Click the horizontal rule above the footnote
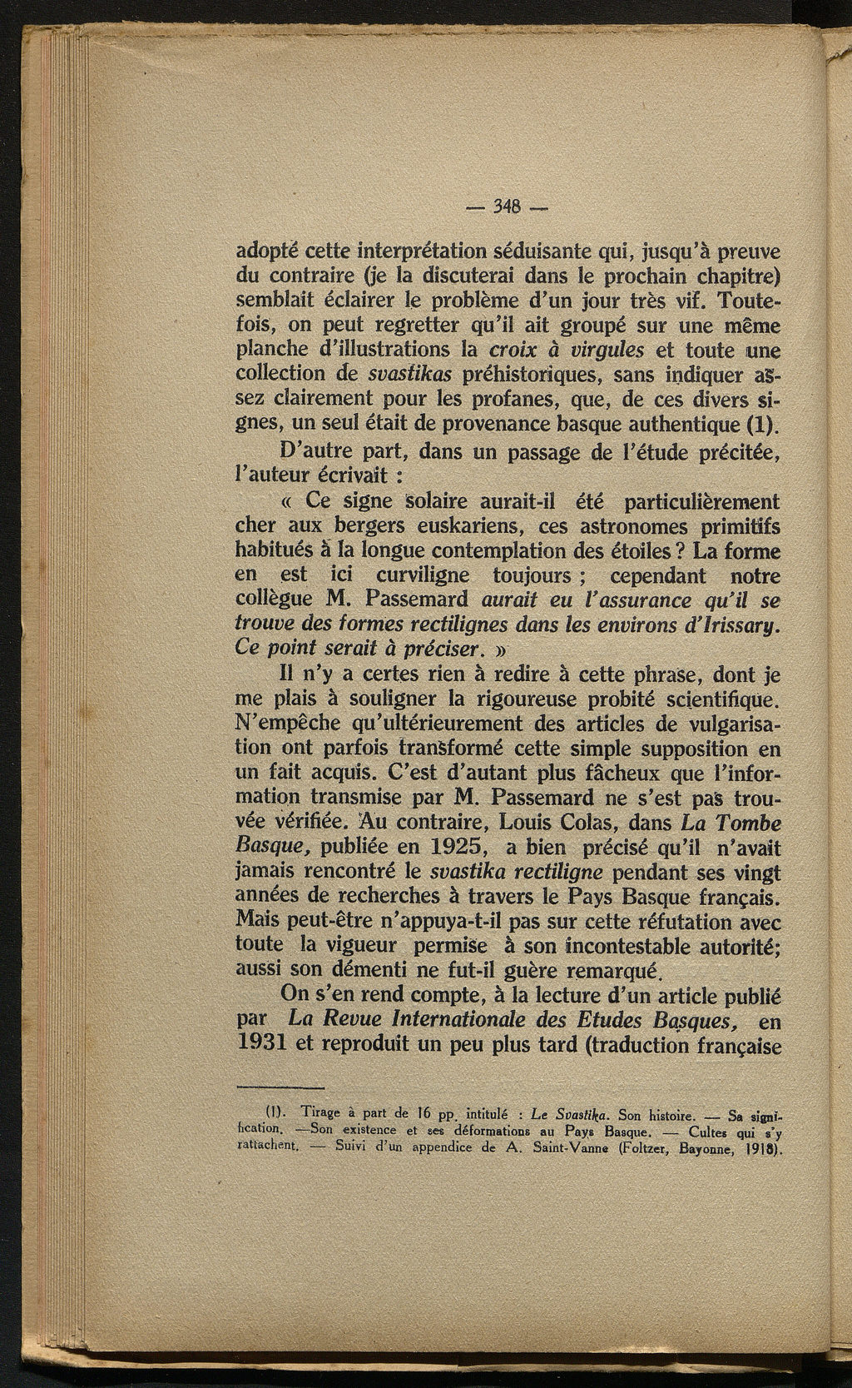tap(280, 1087)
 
